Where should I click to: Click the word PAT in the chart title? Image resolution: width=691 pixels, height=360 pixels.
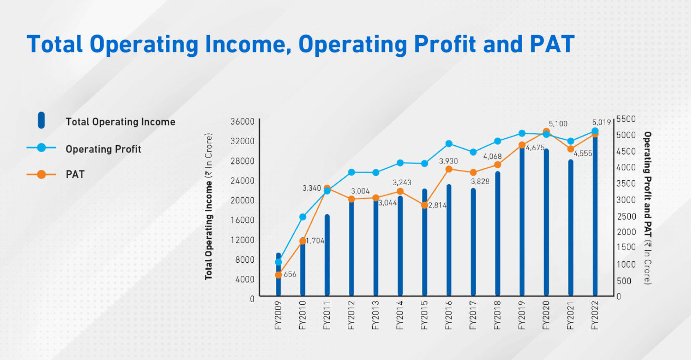[x=552, y=44]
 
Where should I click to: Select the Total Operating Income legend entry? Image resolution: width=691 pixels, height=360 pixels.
[x=120, y=121]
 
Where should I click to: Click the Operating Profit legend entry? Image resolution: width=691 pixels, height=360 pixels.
[x=103, y=149]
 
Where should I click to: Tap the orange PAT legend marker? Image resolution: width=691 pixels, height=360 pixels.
[x=41, y=174]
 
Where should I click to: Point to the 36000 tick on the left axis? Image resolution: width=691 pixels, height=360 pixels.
[x=242, y=121]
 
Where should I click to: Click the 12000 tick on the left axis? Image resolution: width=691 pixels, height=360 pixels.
[x=242, y=240]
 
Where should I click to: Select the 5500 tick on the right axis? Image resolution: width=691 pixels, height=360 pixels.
[x=626, y=119]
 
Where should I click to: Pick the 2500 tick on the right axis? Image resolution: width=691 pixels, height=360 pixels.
[x=626, y=216]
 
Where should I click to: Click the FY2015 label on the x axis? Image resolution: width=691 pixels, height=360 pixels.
[x=424, y=316]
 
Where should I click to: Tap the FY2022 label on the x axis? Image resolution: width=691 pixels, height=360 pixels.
[x=594, y=316]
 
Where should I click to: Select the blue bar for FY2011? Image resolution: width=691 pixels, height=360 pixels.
[x=327, y=255]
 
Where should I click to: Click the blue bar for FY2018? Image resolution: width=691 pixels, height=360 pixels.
[x=498, y=234]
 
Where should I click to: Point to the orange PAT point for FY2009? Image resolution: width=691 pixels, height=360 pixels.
[x=278, y=275]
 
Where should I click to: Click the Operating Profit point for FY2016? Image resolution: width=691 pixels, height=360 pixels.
[x=449, y=144]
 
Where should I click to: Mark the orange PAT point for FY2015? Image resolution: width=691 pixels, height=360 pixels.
[x=424, y=205]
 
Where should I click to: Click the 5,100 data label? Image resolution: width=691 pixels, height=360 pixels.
[x=558, y=124]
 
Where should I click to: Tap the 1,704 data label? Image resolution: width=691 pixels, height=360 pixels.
[x=315, y=241]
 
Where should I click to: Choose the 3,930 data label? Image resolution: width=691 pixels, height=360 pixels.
[x=448, y=161]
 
